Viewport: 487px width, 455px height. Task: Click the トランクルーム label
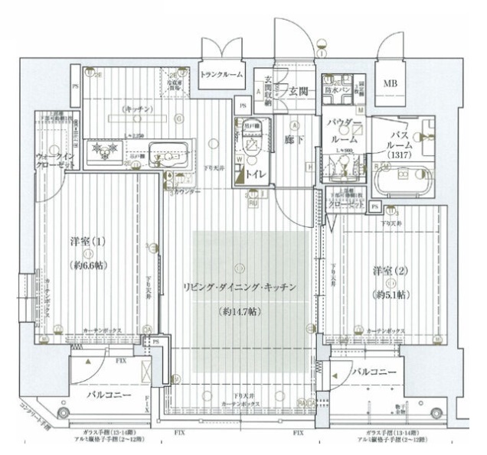(x=221, y=74)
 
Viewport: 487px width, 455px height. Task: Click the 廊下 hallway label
(x=294, y=141)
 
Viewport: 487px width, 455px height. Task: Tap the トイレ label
(x=255, y=174)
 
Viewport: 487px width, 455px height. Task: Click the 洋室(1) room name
(x=87, y=242)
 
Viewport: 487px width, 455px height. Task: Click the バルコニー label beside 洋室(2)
(x=375, y=371)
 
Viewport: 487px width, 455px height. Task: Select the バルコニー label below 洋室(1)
(x=106, y=395)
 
